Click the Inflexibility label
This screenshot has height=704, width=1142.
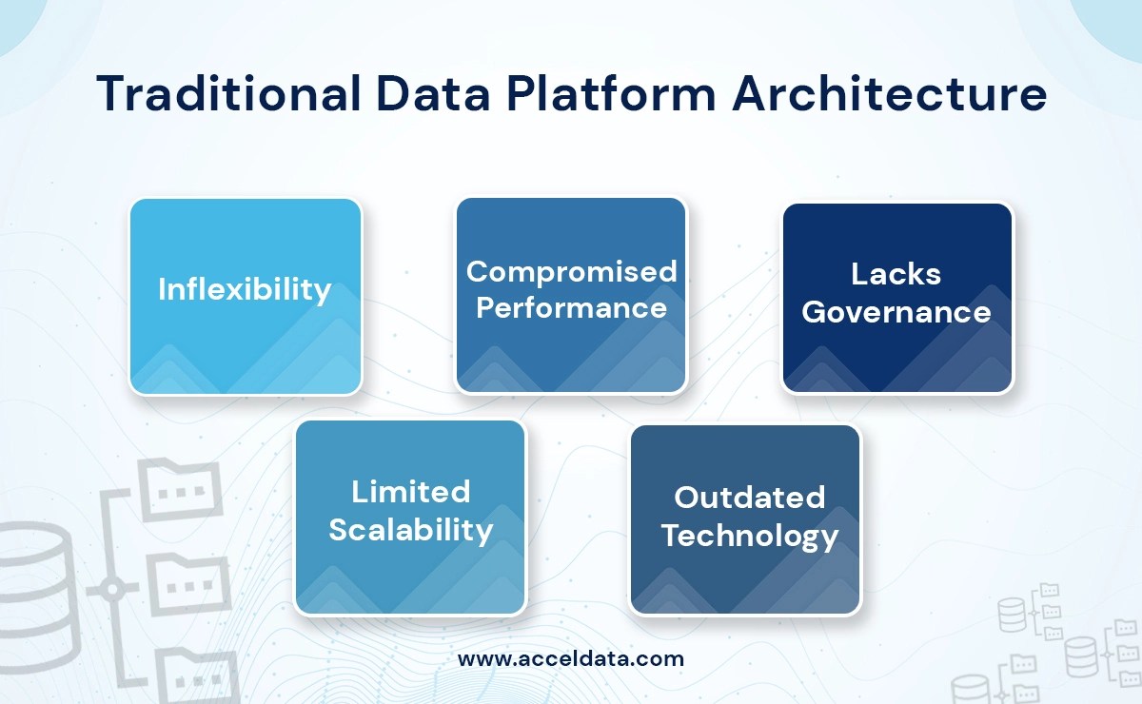tap(245, 289)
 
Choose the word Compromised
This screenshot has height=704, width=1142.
tap(571, 272)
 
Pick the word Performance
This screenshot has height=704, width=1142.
tap(571, 308)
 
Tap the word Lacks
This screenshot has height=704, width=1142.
tap(896, 275)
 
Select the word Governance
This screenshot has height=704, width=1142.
tap(896, 312)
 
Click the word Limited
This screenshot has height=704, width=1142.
tap(410, 492)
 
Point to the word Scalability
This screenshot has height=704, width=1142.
tap(410, 530)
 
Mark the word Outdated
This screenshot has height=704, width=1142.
tap(749, 498)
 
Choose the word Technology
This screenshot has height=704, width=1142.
tap(749, 536)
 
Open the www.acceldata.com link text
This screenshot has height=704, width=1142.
tap(570, 658)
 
